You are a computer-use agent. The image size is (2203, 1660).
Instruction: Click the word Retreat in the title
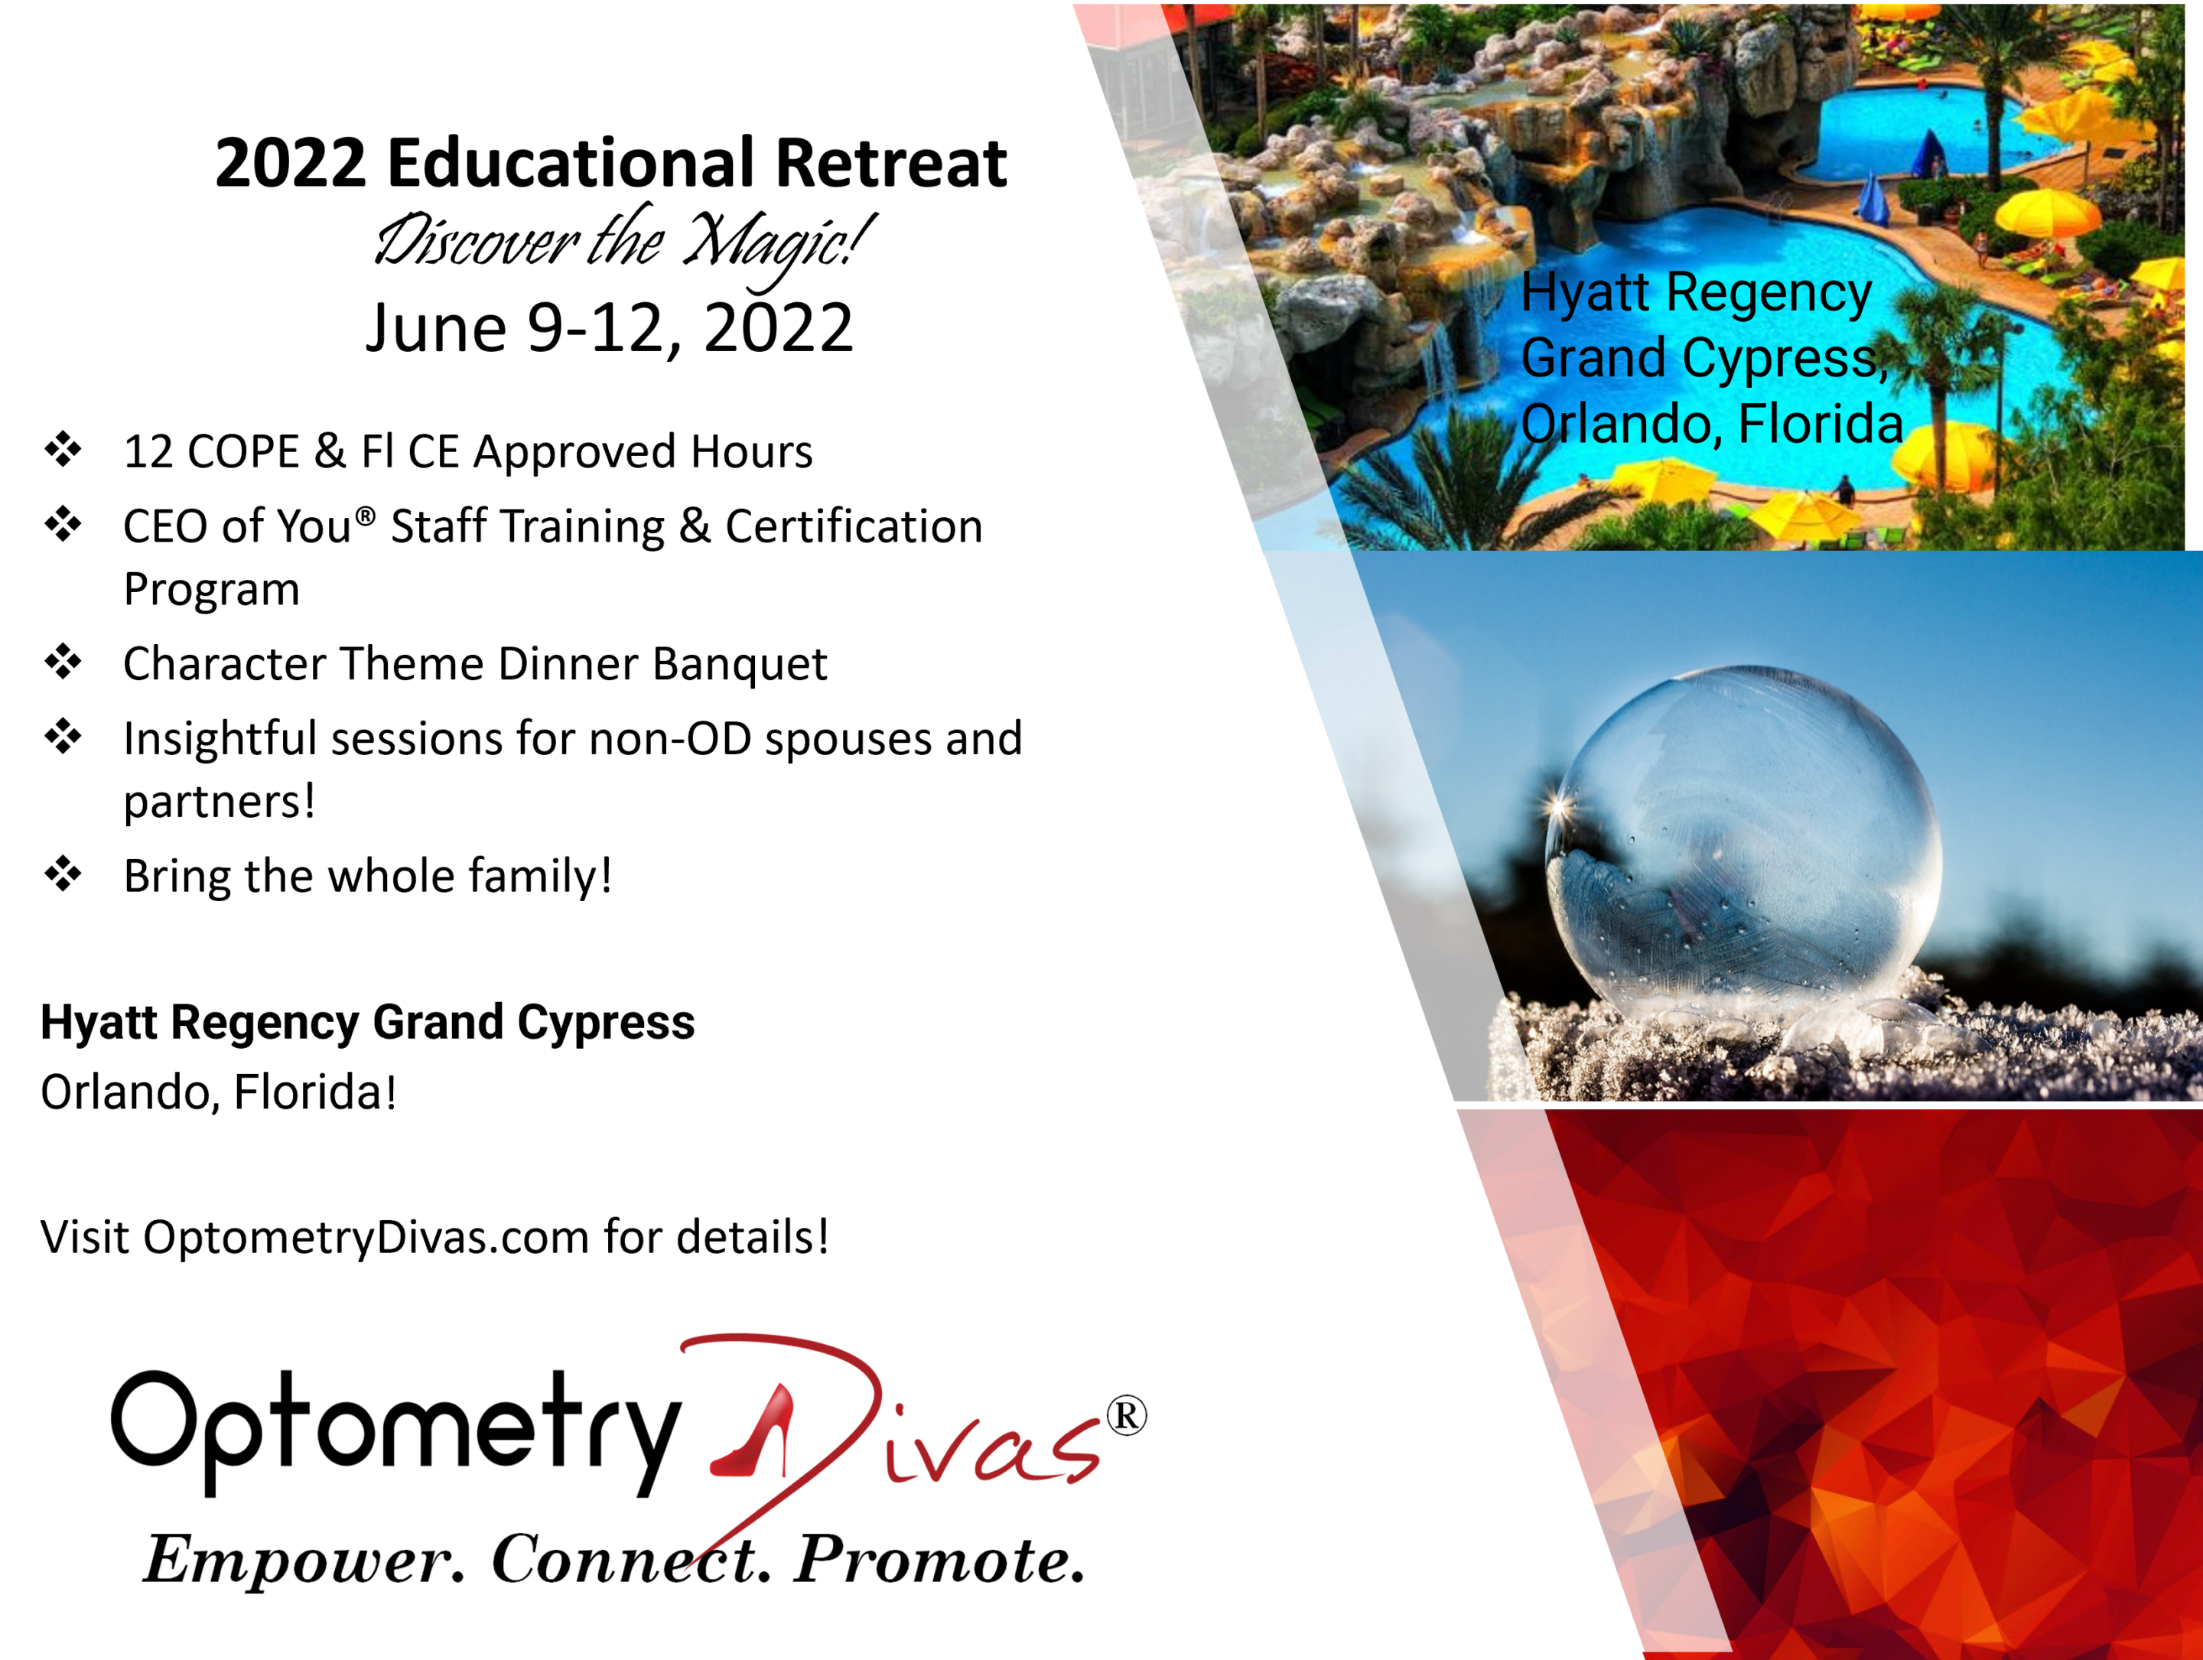coord(891,162)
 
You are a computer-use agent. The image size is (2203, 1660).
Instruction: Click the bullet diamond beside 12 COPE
coord(63,449)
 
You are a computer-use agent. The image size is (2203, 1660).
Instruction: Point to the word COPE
coord(243,452)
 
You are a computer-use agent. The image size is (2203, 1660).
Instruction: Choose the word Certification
coord(854,527)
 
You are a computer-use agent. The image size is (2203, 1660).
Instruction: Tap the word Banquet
coord(740,664)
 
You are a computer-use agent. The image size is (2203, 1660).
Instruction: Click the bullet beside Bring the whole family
coord(63,874)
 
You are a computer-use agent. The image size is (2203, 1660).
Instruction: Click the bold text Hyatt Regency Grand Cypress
coord(367,1024)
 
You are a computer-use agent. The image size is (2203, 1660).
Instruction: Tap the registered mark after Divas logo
coord(1127,1416)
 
